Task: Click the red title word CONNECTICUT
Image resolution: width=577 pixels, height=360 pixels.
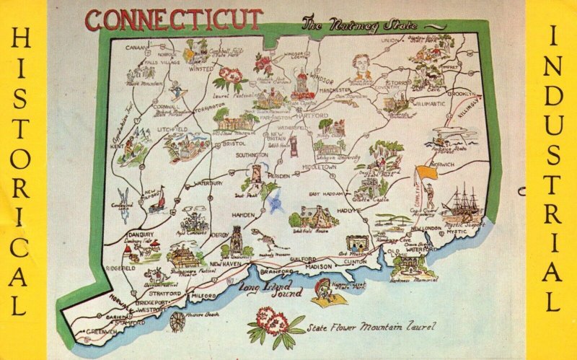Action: click(x=173, y=19)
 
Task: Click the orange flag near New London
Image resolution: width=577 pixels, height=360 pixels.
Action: click(x=426, y=173)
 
